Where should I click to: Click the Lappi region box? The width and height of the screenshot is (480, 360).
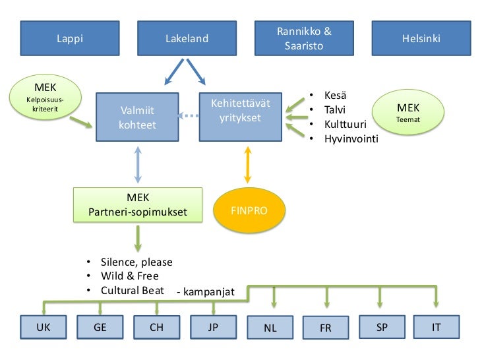pos(70,38)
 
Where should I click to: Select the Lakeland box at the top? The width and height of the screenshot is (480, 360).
pos(187,38)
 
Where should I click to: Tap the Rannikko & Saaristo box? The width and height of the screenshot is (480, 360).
pos(304,38)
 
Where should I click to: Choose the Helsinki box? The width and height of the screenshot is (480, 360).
pos(421,38)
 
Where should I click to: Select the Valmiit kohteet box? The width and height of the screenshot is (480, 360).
pos(137,117)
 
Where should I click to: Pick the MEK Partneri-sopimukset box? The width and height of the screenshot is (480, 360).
pos(137,204)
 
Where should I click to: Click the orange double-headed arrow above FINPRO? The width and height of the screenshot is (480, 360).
pos(248,164)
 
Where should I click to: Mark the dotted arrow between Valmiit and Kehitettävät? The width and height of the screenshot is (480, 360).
pos(189,117)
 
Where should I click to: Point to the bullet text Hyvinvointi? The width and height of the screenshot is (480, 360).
pos(351,138)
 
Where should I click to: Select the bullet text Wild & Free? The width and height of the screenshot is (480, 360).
pos(129,276)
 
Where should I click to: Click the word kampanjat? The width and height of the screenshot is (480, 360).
pos(206,291)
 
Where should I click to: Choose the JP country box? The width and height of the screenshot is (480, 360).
pos(213,326)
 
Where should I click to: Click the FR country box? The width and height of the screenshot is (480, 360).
pos(325,327)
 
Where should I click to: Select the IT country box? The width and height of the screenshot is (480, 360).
pos(436,326)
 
